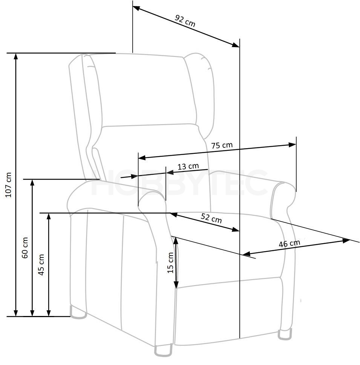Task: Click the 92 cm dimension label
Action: (x=185, y=21)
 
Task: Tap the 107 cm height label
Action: (x=9, y=185)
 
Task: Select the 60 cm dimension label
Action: (x=25, y=248)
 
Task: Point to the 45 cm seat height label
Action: (x=41, y=265)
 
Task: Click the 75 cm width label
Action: (x=222, y=146)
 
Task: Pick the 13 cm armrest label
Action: (x=188, y=166)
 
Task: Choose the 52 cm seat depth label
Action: (x=211, y=218)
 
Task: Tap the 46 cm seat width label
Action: (x=289, y=244)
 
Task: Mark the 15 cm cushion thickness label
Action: (x=170, y=262)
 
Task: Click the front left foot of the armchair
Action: (x=163, y=350)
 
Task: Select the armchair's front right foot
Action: (x=285, y=335)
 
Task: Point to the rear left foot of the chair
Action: (x=78, y=313)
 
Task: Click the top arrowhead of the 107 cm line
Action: (x=16, y=56)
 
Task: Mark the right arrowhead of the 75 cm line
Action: (x=292, y=145)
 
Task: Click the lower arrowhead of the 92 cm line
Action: (x=236, y=45)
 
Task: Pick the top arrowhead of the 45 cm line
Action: (x=49, y=216)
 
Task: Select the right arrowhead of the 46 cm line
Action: (x=346, y=241)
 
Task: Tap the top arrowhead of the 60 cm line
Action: (x=32, y=183)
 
